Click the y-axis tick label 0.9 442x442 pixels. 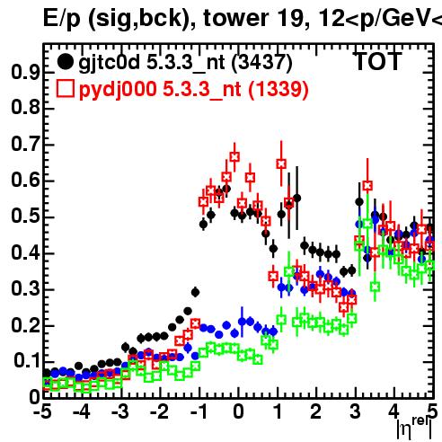pyautogui.click(x=25, y=73)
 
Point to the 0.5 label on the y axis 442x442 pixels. pyautogui.click(x=25, y=217)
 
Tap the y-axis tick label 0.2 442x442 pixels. pyautogui.click(x=25, y=325)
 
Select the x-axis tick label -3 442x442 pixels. pyautogui.click(x=120, y=412)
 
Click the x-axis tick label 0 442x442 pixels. pyautogui.click(x=238, y=412)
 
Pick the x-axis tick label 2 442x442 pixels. pyautogui.click(x=316, y=412)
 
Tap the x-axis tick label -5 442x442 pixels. pyautogui.click(x=43, y=412)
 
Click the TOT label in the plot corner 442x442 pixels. pyautogui.click(x=377, y=61)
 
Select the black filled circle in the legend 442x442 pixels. pyautogui.click(x=65, y=62)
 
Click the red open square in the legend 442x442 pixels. pyautogui.click(x=66, y=89)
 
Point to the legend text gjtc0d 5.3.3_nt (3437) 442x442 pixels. pyautogui.click(x=185, y=63)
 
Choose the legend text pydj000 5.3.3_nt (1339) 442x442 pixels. pyautogui.click(x=194, y=90)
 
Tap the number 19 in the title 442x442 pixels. pyautogui.click(x=289, y=18)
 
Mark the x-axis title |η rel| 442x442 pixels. pyautogui.click(x=414, y=429)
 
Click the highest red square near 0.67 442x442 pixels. pyautogui.click(x=234, y=156)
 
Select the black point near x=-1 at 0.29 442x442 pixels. pyautogui.click(x=195, y=292)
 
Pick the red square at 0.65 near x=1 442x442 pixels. pyautogui.click(x=281, y=164)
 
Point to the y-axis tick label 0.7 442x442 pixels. pyautogui.click(x=25, y=145)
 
